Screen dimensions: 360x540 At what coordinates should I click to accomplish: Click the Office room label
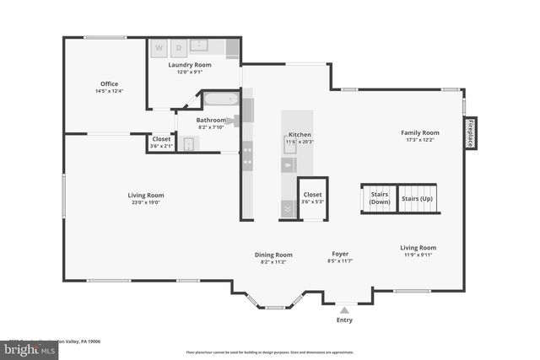click(x=109, y=83)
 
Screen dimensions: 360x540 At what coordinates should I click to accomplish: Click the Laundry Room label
click(x=189, y=65)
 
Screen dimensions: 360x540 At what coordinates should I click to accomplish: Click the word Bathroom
click(x=211, y=120)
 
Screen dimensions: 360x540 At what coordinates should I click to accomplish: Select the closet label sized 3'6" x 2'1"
click(x=161, y=139)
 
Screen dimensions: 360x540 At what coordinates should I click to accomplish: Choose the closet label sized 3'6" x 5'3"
click(x=312, y=195)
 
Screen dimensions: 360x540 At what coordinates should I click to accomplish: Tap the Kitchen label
click(x=300, y=135)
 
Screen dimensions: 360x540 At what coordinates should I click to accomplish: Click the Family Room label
click(x=419, y=132)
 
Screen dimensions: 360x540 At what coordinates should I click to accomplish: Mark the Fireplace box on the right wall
click(x=470, y=132)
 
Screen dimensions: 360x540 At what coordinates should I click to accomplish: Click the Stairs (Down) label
click(x=380, y=198)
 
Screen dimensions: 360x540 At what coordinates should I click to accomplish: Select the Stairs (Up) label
click(x=417, y=198)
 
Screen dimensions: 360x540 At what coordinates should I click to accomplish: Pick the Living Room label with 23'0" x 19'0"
click(x=145, y=196)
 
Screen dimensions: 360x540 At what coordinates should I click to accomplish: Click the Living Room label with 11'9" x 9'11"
click(x=418, y=248)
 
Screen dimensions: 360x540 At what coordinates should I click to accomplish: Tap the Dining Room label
click(x=273, y=255)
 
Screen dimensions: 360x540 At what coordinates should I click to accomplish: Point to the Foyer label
click(x=339, y=254)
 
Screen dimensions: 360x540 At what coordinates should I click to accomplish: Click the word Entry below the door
click(x=344, y=320)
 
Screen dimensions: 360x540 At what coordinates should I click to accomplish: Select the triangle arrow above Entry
click(x=344, y=310)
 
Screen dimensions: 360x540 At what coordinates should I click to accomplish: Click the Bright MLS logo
click(x=25, y=348)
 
